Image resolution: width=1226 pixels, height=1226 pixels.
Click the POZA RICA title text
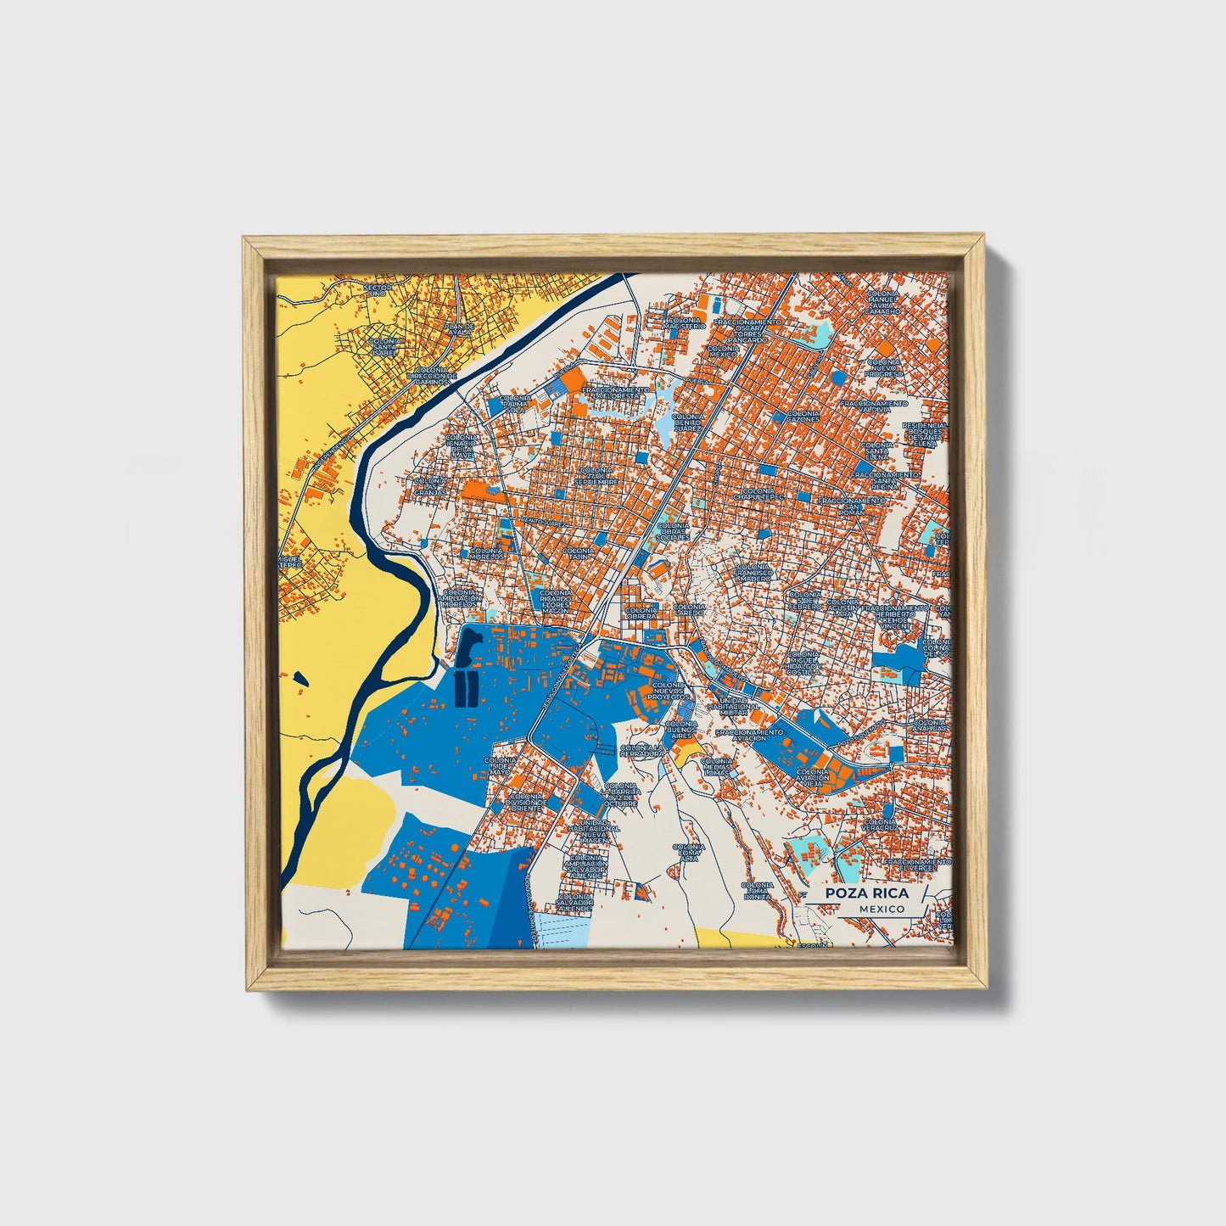(x=866, y=893)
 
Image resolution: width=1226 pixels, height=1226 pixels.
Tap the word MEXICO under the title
(x=881, y=909)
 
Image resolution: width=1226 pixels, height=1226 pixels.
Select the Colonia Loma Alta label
(x=688, y=853)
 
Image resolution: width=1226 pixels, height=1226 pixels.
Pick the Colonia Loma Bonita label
(x=758, y=890)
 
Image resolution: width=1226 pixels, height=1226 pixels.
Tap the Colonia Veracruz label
(x=880, y=825)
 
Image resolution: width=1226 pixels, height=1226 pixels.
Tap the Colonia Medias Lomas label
(x=716, y=767)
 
